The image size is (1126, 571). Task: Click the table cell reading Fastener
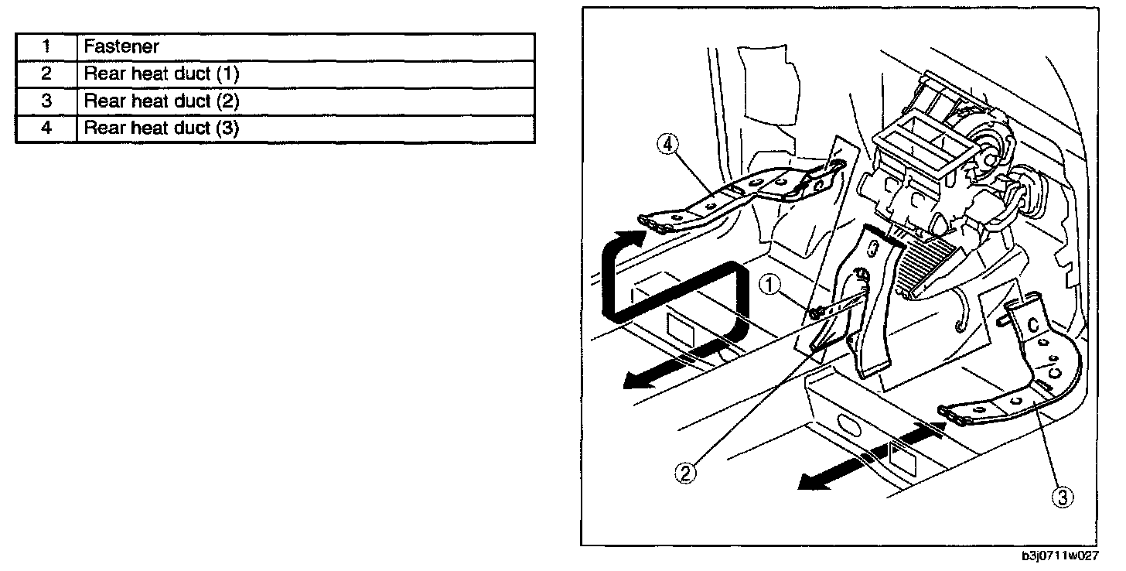(305, 46)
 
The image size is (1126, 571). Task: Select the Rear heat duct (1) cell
(305, 74)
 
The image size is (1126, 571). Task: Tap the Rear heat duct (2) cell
(305, 101)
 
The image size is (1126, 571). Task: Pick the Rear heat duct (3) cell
(305, 128)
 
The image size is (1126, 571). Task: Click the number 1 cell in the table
(46, 46)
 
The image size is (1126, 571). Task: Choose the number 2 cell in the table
(46, 74)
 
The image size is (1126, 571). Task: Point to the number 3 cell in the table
(46, 101)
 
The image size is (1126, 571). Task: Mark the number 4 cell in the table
(46, 128)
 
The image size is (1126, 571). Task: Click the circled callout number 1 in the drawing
(768, 285)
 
